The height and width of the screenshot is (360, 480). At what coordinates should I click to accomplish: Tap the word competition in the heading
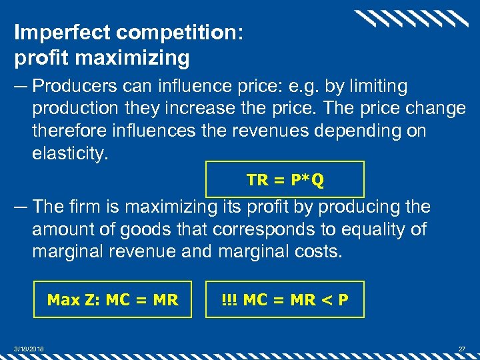coord(173,32)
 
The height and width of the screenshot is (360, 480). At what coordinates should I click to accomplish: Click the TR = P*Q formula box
coord(285,179)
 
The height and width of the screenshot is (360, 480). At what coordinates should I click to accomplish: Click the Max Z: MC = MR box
coord(112,299)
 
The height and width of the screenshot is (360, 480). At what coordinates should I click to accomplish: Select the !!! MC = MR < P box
coord(285,299)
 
